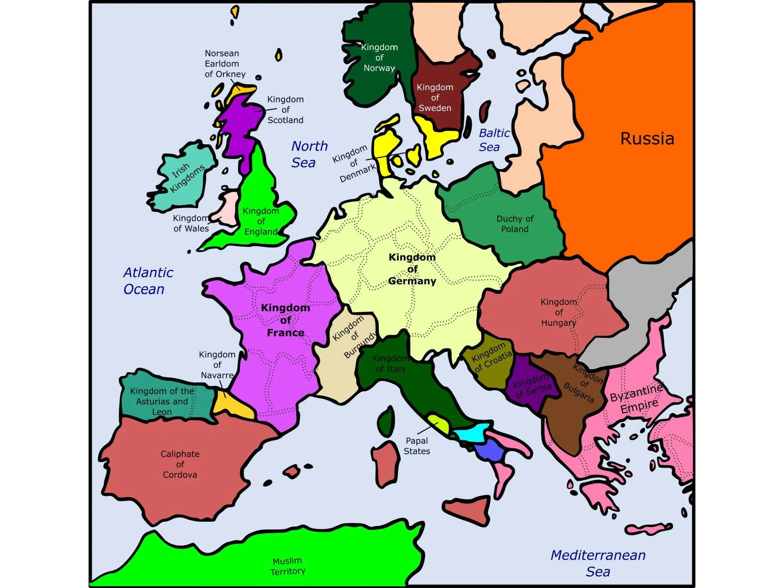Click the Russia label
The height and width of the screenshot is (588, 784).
647,139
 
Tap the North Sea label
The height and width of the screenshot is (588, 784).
309,154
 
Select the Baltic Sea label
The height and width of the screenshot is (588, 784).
494,140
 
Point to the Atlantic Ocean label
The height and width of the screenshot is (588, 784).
148,281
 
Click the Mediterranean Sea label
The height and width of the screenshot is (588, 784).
598,563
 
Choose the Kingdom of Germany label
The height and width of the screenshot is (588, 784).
412,269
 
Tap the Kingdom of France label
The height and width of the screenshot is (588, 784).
285,320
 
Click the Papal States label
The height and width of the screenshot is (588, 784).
417,446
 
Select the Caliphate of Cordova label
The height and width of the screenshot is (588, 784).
180,464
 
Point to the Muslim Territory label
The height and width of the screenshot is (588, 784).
288,566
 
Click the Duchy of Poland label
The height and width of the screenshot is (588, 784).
515,224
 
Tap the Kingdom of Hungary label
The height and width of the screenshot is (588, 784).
559,312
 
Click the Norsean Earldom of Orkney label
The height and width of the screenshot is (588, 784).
225,64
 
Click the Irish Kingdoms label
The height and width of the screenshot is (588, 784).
187,178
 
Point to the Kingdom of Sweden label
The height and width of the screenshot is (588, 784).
435,98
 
